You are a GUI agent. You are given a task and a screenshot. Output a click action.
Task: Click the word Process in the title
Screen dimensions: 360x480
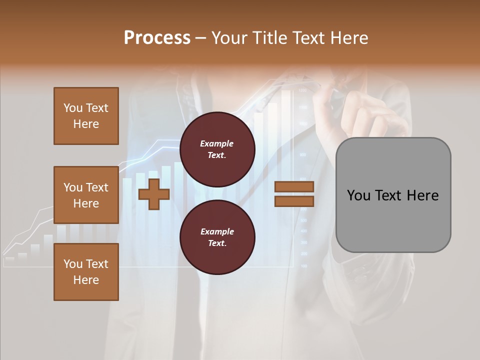coord(157,38)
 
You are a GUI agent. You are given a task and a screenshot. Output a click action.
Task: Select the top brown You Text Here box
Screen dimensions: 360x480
coord(86,116)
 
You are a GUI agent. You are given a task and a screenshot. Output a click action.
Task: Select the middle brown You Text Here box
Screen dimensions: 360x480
coord(86,195)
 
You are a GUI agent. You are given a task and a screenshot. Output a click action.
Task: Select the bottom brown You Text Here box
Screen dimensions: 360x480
coord(86,272)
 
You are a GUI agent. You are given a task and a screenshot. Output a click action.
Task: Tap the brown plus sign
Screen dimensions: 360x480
coord(154,194)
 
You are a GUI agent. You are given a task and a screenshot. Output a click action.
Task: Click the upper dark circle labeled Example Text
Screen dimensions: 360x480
coord(217,149)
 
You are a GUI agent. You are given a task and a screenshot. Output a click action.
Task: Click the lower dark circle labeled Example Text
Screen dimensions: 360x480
coord(217,237)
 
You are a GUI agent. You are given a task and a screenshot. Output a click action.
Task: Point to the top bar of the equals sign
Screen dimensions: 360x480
coord(294,187)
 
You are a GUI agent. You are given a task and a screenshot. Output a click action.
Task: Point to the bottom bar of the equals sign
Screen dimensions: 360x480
coord(294,201)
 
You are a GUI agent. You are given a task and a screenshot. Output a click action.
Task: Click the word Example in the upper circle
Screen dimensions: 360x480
coord(217,144)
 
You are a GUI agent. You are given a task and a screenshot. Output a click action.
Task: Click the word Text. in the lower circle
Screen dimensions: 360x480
coord(217,243)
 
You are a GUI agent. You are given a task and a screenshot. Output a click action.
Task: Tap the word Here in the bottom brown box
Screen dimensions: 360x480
coord(86,280)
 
